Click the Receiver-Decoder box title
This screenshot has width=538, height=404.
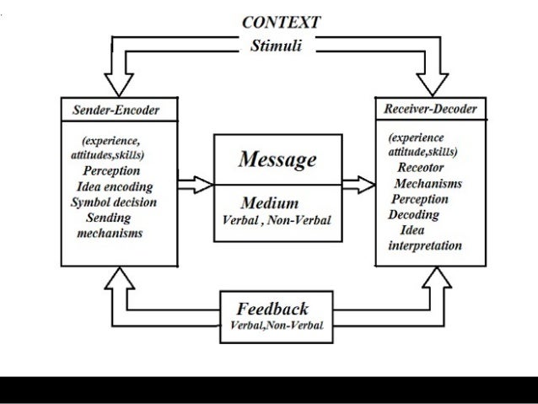tap(429, 109)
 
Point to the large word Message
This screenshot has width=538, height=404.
tap(277, 159)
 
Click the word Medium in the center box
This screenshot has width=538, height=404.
tap(270, 203)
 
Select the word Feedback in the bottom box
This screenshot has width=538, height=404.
tap(272, 308)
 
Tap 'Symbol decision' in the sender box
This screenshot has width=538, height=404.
tap(114, 202)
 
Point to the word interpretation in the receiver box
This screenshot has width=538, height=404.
tap(424, 245)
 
